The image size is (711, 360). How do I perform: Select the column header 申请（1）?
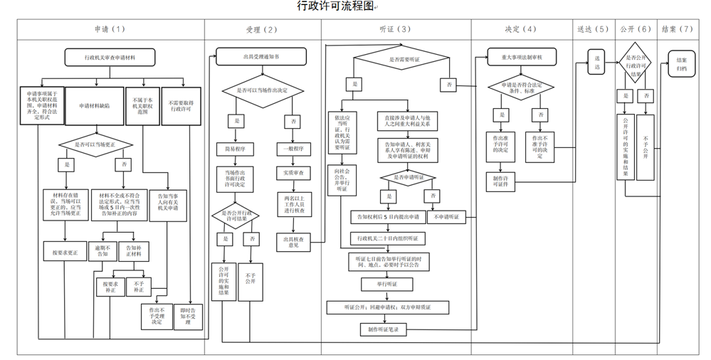click(x=110, y=29)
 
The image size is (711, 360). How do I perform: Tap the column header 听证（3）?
click(x=395, y=29)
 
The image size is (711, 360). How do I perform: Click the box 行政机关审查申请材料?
click(x=110, y=56)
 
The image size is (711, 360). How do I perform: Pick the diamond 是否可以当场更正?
click(x=94, y=145)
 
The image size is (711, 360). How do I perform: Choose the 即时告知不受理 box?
click(x=189, y=317)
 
